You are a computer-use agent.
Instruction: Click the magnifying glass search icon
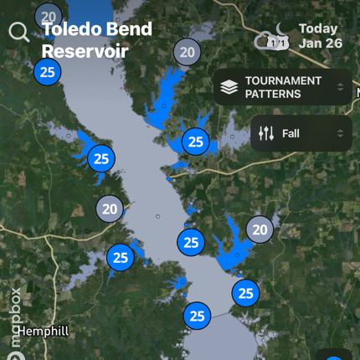(18, 33)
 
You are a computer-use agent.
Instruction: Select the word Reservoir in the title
(85, 51)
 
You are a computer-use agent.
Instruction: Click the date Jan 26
(320, 44)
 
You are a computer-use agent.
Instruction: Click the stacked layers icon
(229, 87)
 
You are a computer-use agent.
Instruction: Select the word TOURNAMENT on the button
(283, 80)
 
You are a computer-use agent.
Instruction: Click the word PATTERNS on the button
(273, 95)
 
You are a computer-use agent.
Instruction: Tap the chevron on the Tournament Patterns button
(340, 87)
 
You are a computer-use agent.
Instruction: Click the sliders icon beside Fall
(266, 133)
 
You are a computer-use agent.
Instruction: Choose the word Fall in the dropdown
(291, 133)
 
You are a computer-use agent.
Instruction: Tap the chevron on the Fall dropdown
(340, 133)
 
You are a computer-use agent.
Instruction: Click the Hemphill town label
(44, 332)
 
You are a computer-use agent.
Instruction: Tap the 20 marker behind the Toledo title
(49, 15)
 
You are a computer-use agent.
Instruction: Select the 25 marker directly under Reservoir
(48, 72)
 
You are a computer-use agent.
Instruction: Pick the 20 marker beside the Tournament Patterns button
(187, 52)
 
